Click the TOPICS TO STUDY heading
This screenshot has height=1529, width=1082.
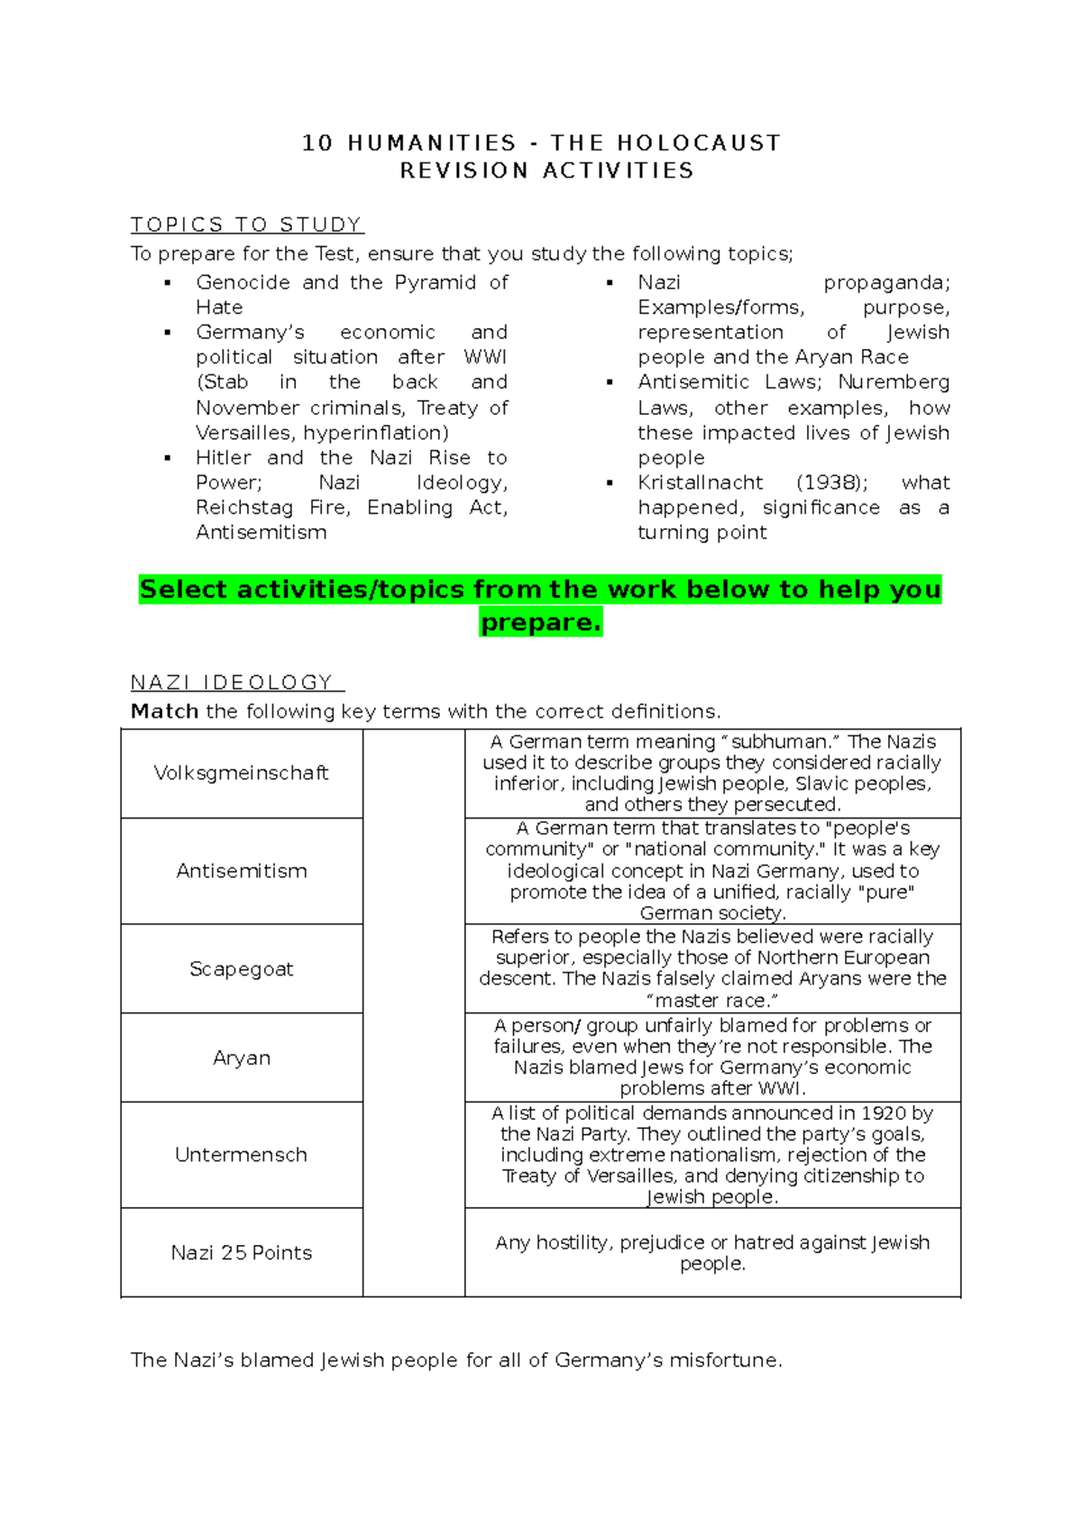(x=247, y=224)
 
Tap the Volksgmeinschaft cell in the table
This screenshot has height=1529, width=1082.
(x=242, y=773)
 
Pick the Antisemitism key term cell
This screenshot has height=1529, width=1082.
(x=242, y=871)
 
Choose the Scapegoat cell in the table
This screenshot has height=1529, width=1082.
(x=242, y=968)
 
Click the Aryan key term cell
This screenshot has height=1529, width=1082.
(x=242, y=1057)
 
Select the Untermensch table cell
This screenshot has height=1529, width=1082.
(x=242, y=1155)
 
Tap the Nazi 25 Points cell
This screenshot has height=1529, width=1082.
(x=242, y=1252)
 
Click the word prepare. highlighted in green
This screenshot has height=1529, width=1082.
(x=541, y=622)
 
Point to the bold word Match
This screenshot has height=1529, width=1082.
(x=164, y=711)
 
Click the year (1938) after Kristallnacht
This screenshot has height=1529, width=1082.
(x=831, y=482)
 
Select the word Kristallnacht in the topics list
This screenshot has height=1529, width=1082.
(x=701, y=482)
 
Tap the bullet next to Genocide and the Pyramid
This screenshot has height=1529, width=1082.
(x=168, y=283)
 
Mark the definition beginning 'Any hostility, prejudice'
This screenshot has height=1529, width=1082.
(x=712, y=1252)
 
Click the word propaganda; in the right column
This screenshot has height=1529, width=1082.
(x=886, y=282)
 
